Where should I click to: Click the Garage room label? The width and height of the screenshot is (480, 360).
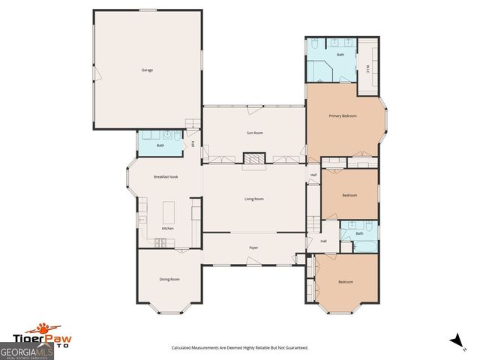147,70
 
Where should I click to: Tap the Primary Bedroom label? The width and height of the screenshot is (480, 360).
343,116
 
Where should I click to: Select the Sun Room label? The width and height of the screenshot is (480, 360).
254,133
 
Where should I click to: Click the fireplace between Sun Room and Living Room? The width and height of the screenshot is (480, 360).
254,158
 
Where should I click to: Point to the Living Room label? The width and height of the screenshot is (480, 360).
254,199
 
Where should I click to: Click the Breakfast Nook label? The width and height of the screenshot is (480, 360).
165,176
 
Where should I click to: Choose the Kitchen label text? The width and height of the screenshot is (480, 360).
168,229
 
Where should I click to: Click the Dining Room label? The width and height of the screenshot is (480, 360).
169,280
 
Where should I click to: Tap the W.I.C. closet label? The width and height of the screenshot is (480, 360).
367,69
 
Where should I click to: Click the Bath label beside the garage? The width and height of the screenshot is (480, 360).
160,145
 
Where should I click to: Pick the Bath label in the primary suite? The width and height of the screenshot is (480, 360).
340,55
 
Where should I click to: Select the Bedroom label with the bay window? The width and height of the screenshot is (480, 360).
345,282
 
